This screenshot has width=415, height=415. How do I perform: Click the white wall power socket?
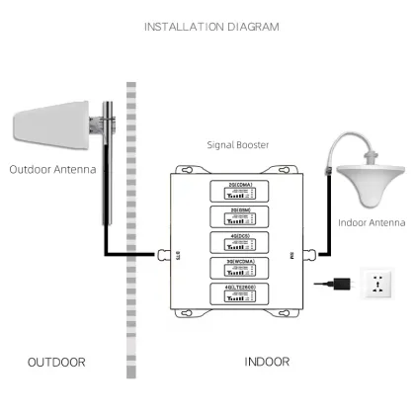(x=380, y=288)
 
